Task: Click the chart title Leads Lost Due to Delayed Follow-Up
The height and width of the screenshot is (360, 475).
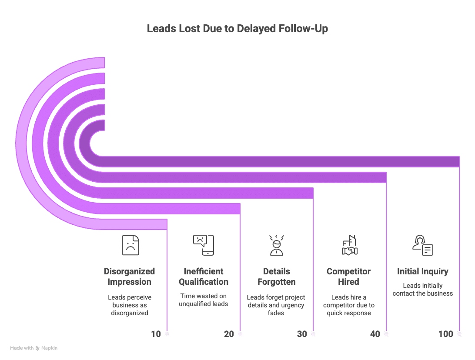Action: click(x=237, y=29)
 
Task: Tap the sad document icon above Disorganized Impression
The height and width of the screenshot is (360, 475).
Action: click(x=130, y=245)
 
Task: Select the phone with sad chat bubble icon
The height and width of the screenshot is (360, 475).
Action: click(x=203, y=245)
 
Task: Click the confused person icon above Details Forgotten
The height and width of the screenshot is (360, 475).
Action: click(x=276, y=245)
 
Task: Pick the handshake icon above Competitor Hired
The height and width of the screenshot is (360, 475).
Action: click(x=349, y=245)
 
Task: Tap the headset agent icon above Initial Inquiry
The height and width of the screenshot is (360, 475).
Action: click(x=422, y=245)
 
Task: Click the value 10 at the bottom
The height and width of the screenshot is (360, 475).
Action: click(x=156, y=334)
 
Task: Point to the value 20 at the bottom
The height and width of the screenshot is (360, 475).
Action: click(x=229, y=334)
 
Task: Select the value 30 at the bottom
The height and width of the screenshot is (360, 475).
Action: click(x=302, y=334)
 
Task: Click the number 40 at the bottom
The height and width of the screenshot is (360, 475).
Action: click(x=375, y=334)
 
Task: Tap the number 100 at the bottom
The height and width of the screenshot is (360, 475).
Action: click(x=445, y=334)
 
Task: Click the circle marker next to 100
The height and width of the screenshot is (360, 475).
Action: click(x=459, y=334)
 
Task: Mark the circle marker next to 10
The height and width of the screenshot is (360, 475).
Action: click(x=167, y=334)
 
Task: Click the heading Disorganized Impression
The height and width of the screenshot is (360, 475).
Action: click(x=130, y=277)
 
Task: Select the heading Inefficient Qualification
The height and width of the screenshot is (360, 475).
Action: click(x=203, y=277)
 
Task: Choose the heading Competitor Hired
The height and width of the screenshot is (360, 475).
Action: click(x=349, y=277)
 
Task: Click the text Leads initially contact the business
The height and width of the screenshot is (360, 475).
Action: click(x=422, y=290)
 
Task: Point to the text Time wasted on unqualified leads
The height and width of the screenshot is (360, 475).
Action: click(x=203, y=300)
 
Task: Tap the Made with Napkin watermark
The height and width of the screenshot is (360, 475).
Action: click(x=34, y=348)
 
